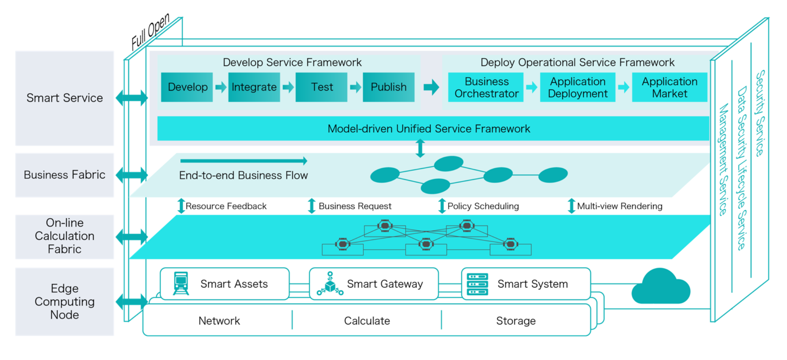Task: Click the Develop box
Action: click(x=187, y=87)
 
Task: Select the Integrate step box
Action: click(x=254, y=87)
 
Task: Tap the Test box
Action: click(x=321, y=87)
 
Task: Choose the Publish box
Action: click(x=388, y=87)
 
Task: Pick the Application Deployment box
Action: click(x=578, y=87)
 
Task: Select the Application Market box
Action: click(x=669, y=87)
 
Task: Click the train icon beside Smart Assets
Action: click(x=181, y=284)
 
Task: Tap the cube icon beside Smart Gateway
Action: click(x=330, y=284)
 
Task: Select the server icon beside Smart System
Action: click(x=477, y=284)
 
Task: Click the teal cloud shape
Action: click(x=661, y=288)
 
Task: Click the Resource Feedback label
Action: click(x=226, y=206)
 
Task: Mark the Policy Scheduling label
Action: click(x=483, y=206)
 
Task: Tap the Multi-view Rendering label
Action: click(x=619, y=206)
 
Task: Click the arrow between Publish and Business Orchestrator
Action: click(x=431, y=87)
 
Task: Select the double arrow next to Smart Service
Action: click(x=132, y=98)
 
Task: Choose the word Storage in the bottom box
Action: click(x=516, y=321)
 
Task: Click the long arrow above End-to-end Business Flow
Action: click(x=244, y=161)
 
